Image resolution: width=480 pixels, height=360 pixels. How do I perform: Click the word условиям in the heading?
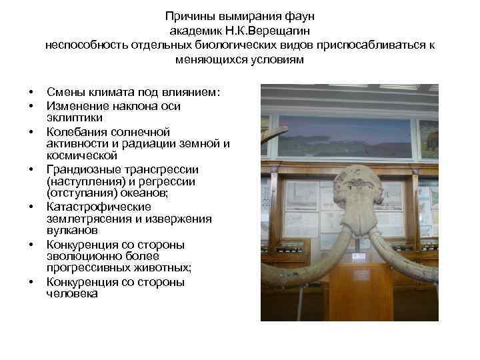(x=273, y=60)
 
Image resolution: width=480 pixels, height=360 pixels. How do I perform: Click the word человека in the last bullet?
(x=72, y=294)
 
